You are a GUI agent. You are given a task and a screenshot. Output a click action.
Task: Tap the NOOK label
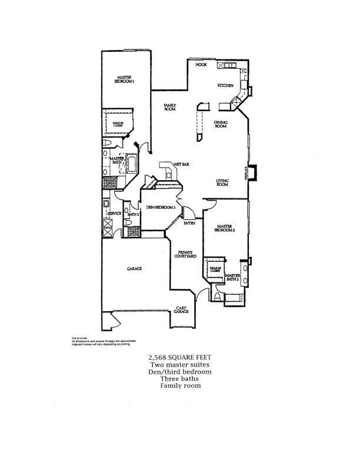tap(202, 64)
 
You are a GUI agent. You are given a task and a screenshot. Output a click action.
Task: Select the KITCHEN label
tap(225, 86)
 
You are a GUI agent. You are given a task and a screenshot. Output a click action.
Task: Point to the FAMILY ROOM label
tap(171, 106)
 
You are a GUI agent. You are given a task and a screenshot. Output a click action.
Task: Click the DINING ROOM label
tap(221, 123)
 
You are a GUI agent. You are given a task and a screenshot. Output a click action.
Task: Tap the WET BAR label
tap(179, 164)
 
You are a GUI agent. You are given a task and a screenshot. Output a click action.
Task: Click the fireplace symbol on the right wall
tap(251, 172)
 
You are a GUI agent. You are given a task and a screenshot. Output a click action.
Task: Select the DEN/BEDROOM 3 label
tap(161, 207)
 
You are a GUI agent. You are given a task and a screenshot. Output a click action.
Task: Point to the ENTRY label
tap(189, 223)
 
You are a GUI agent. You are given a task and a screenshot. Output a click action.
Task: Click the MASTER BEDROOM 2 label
tap(226, 228)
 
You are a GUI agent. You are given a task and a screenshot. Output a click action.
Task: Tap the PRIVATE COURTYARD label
tap(185, 254)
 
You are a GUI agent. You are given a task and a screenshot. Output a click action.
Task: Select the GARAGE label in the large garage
tap(135, 269)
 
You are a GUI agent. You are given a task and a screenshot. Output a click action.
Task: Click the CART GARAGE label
tap(181, 309)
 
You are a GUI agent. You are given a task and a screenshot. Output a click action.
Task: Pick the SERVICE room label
tap(114, 213)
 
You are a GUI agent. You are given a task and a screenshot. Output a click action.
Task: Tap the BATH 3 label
tap(133, 215)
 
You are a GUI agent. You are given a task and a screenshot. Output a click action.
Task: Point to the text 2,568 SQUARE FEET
tap(179, 357)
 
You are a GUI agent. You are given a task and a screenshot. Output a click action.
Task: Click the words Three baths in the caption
tap(179, 379)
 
